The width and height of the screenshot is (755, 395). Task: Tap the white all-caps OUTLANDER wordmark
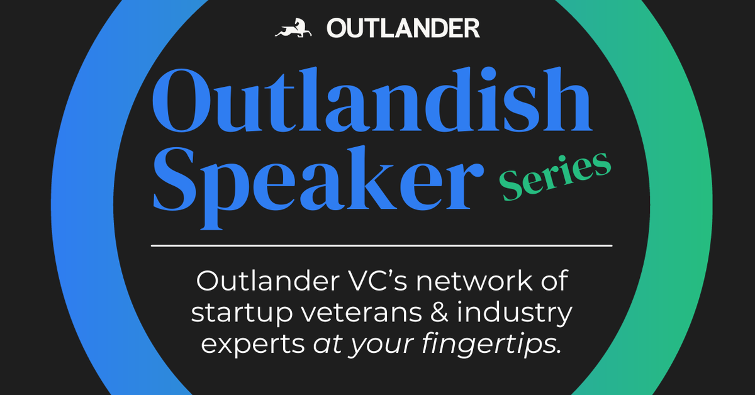403,28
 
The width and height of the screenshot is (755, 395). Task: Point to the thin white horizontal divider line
381,245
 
